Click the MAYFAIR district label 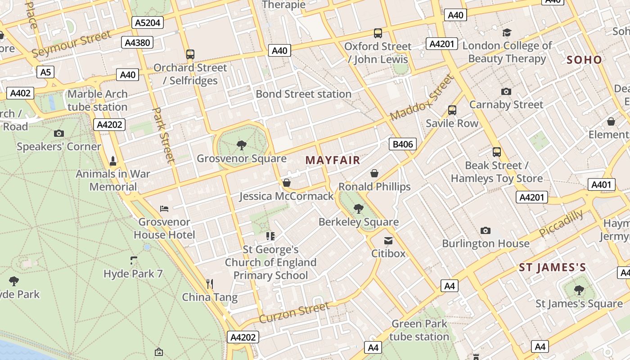click(x=333, y=160)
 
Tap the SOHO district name click(x=584, y=60)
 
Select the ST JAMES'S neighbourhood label click(x=553, y=268)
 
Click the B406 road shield click(x=403, y=144)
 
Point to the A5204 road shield click(x=148, y=22)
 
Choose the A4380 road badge click(x=138, y=43)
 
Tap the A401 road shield click(x=601, y=184)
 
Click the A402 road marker click(x=20, y=93)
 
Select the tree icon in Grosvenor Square click(x=242, y=145)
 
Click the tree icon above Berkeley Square click(x=359, y=208)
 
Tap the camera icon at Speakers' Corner click(x=58, y=133)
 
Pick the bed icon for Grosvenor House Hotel click(x=164, y=209)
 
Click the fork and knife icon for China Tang click(x=209, y=283)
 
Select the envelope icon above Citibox click(x=388, y=240)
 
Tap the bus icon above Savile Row click(x=452, y=110)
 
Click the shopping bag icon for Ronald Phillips click(x=374, y=173)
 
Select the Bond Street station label click(x=303, y=94)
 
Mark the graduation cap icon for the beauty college click(x=507, y=32)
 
